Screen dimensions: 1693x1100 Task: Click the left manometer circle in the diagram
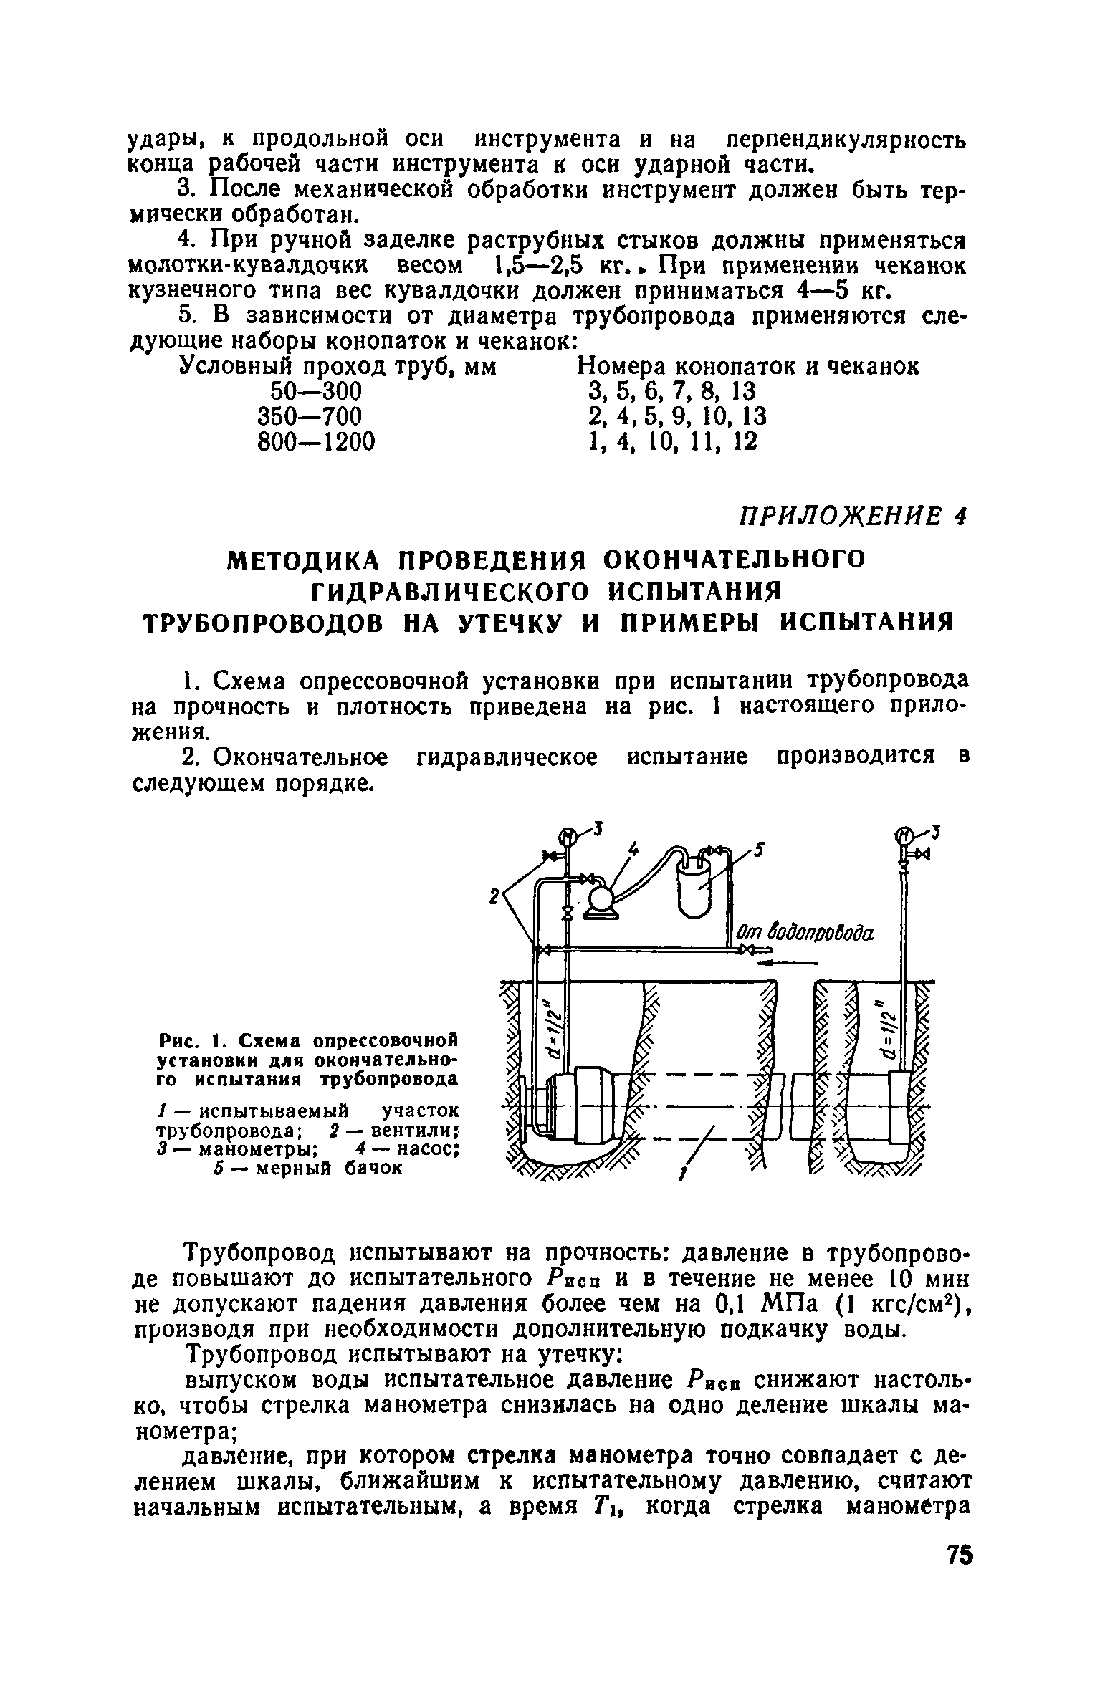567,835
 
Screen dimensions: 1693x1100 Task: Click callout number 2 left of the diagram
494,896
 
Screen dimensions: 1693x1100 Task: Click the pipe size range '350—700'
309,416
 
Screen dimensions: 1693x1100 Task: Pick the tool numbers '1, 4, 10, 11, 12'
671,441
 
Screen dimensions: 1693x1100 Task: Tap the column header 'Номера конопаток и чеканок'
748,367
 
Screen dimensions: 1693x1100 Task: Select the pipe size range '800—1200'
315,441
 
